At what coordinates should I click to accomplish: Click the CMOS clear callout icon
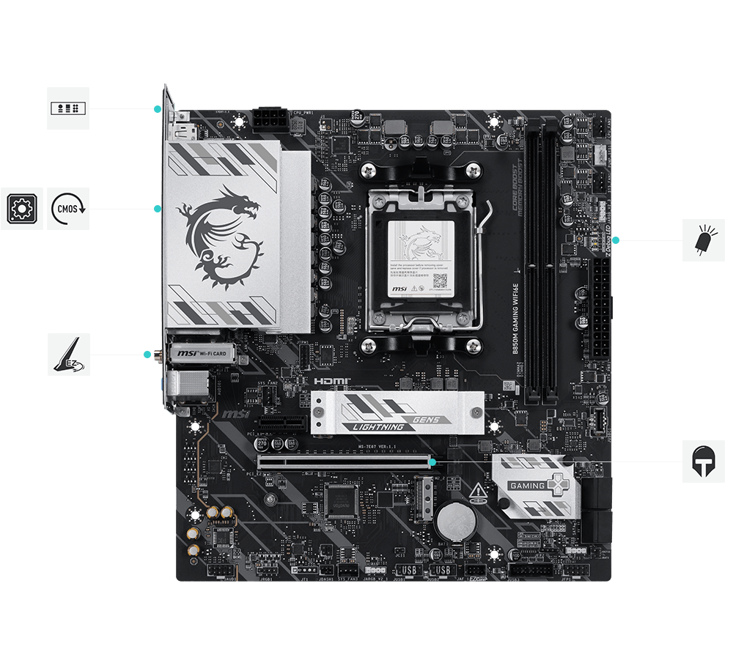click(68, 209)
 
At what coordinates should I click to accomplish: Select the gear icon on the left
click(21, 209)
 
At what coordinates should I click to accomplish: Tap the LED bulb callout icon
click(704, 240)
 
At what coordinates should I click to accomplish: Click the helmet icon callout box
click(704, 461)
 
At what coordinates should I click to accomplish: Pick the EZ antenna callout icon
click(69, 355)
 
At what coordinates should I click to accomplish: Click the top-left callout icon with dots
click(68, 108)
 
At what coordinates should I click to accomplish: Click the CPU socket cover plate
click(421, 256)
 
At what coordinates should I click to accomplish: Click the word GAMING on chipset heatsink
click(528, 486)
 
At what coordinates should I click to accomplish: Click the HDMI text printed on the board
click(332, 382)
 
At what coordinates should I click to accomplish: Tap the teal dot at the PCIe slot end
click(434, 462)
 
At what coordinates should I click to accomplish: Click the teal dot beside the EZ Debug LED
click(615, 240)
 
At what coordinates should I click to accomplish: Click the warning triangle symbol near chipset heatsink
click(477, 490)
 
